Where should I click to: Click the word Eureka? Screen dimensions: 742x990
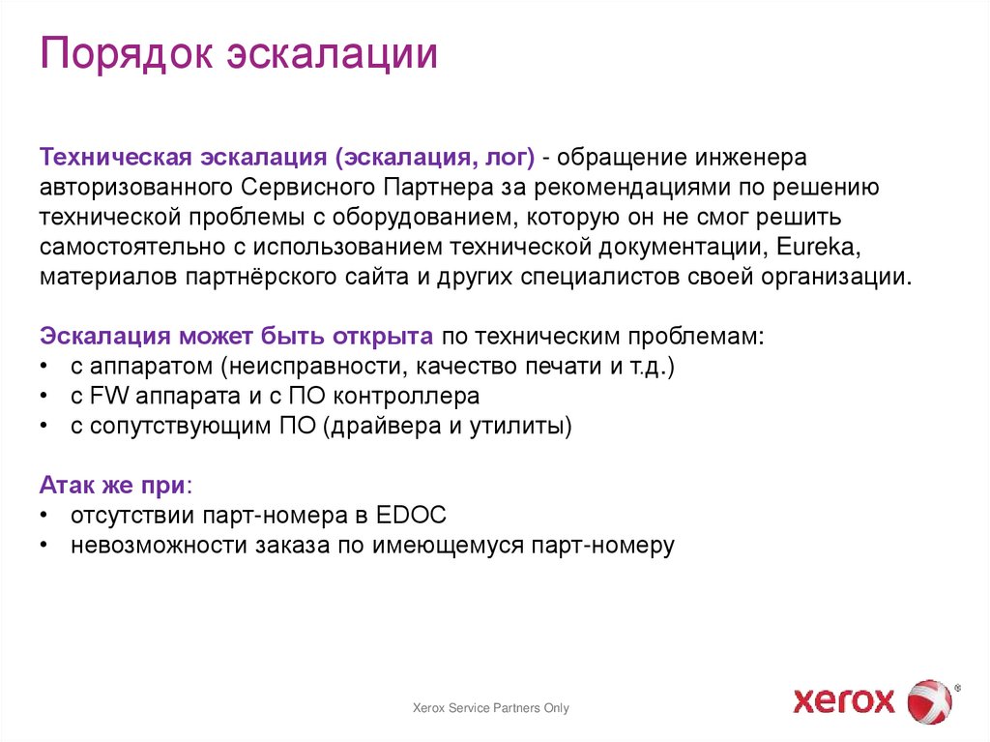point(811,246)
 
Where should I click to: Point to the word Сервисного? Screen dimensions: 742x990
point(308,186)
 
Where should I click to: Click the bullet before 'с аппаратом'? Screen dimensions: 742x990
point(45,367)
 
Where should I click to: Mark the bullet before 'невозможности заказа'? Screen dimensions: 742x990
point(45,546)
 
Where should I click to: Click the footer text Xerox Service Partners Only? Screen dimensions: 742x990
point(491,708)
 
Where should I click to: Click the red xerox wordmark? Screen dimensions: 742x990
point(844,699)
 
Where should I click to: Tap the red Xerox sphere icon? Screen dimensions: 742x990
point(928,699)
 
